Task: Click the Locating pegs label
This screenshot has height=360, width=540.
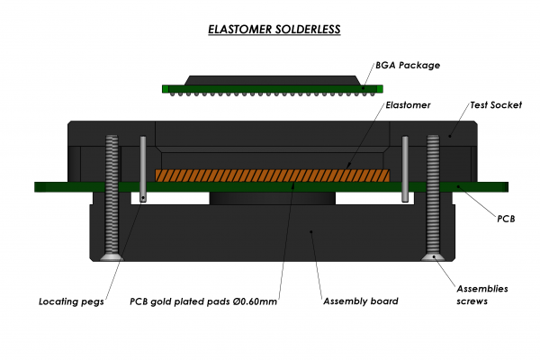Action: point(72,301)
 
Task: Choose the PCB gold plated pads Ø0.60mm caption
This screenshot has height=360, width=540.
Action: point(202,301)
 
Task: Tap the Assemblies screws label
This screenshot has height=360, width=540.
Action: point(481,294)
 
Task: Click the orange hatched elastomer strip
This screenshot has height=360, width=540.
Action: point(273,175)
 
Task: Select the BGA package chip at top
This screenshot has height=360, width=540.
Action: point(273,85)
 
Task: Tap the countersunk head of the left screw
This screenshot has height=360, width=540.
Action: point(112,257)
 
